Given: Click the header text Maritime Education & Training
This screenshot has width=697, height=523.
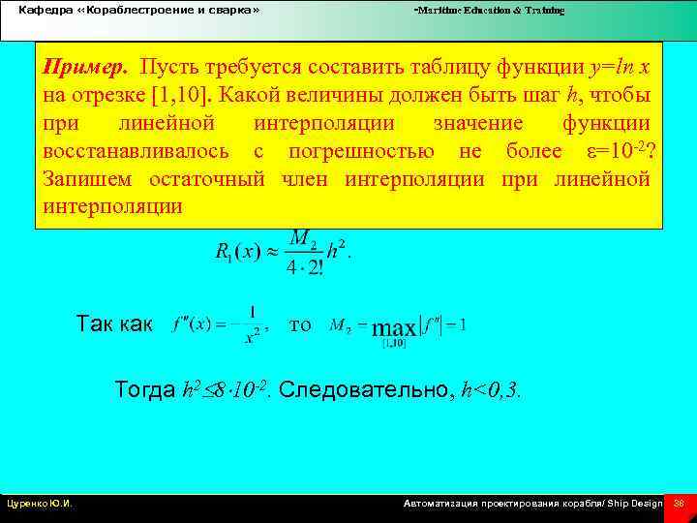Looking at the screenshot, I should coord(490,11).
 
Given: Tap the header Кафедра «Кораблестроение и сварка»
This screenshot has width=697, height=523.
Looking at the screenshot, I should coord(139,11).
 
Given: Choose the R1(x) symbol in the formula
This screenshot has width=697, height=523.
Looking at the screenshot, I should coord(233,252).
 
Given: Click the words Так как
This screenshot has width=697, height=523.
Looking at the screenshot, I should coord(113,324).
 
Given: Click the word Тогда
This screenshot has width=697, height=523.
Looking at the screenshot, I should coord(145,390).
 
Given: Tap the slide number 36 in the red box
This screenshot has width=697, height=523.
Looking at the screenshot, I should coord(679,504).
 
